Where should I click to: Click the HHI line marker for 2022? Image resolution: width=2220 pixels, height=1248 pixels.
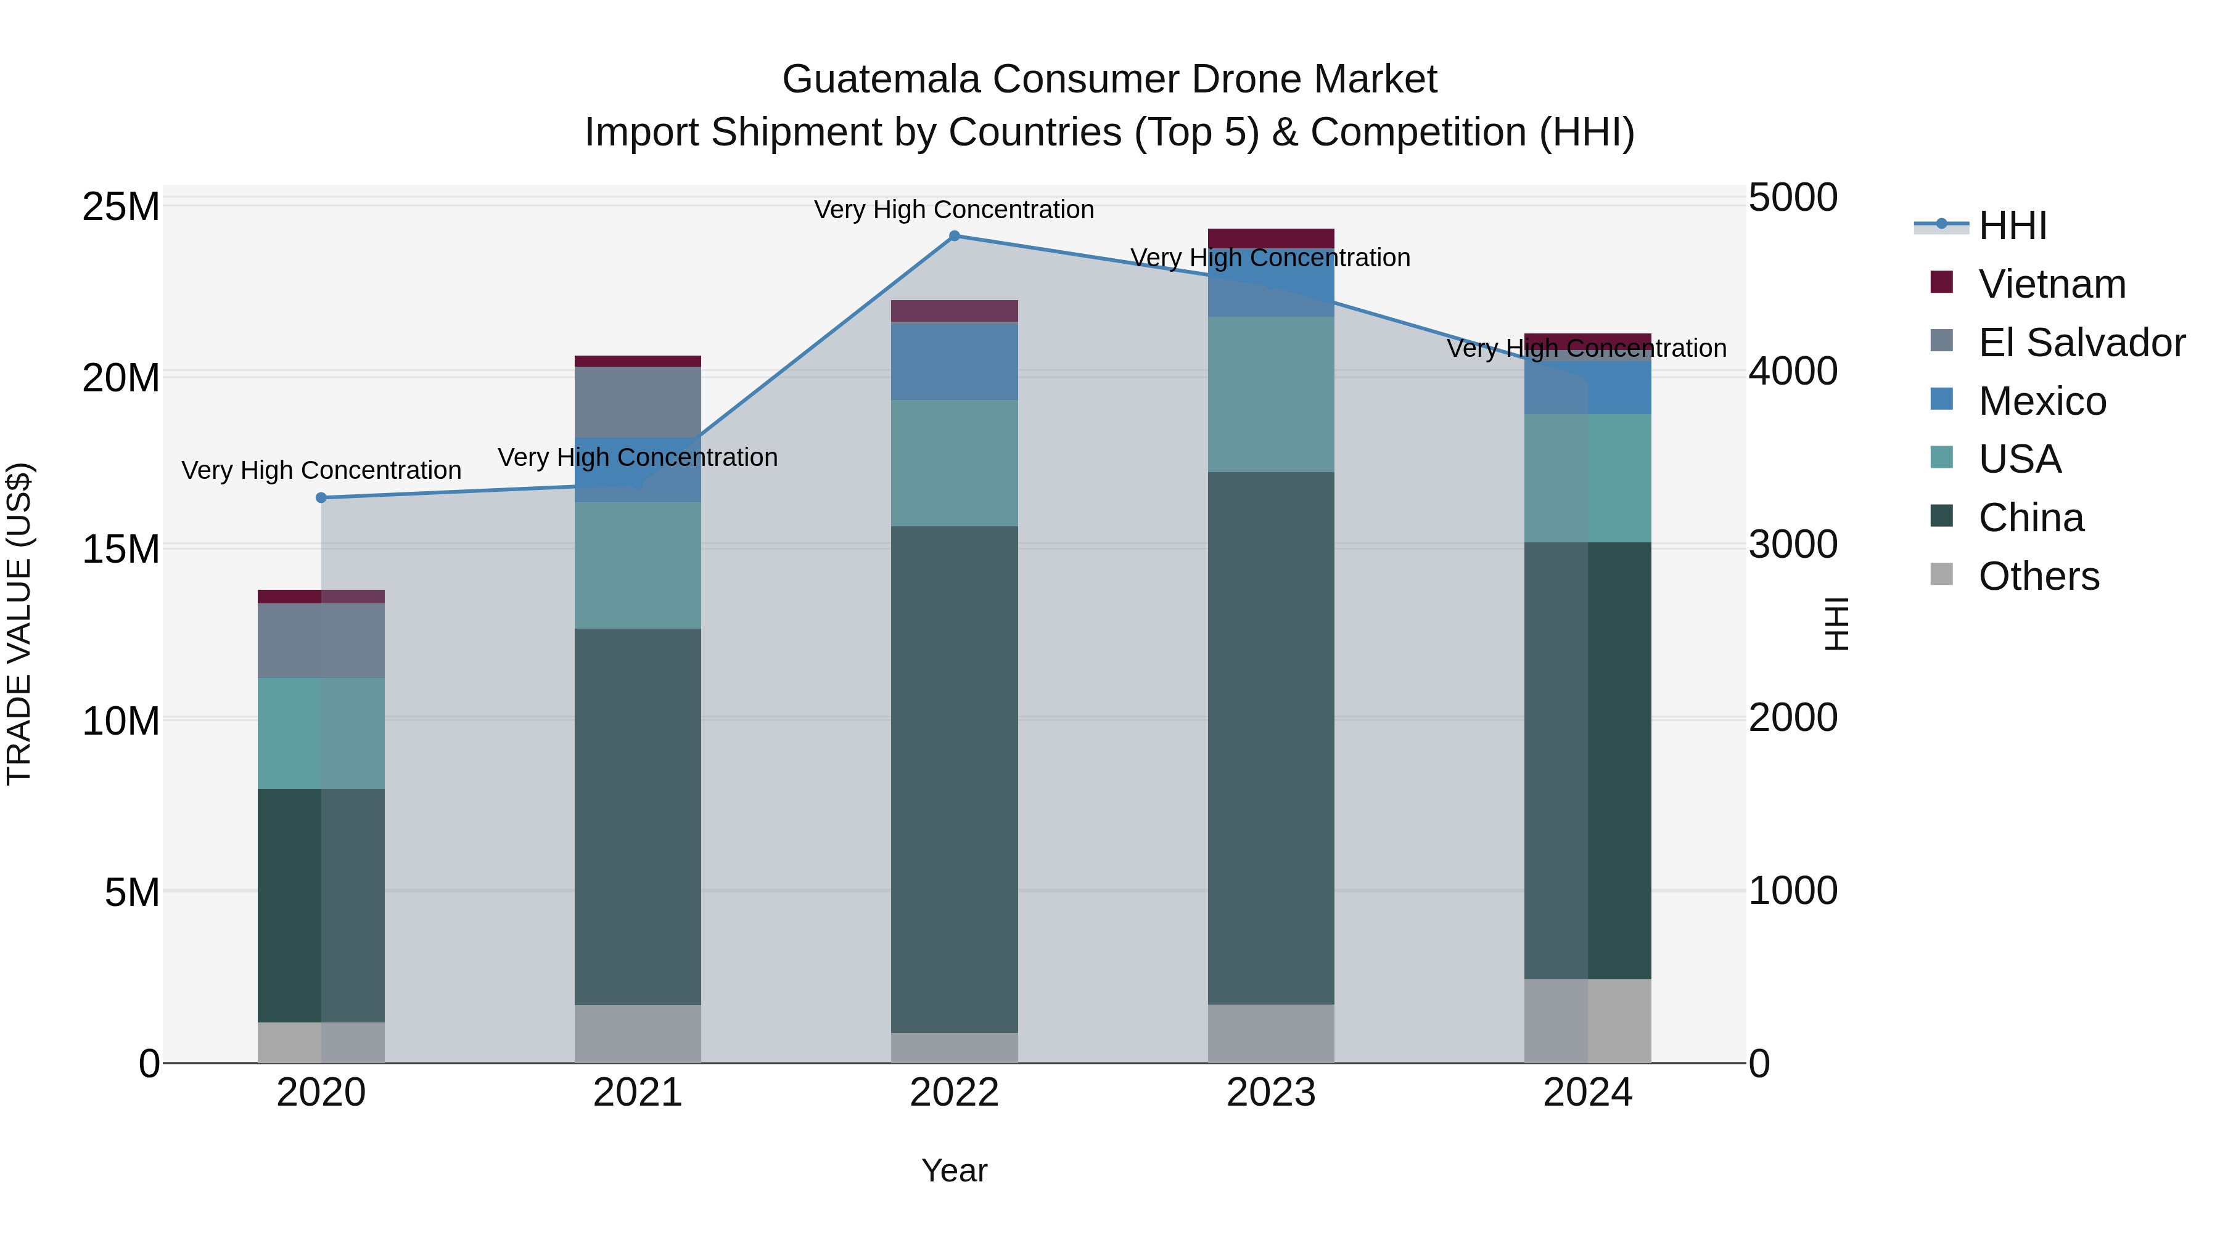(x=954, y=236)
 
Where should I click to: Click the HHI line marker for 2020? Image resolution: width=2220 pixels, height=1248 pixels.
(x=321, y=498)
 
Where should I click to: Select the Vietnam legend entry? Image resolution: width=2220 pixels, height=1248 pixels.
(x=2051, y=284)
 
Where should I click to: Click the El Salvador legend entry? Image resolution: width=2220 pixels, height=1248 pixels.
(x=2081, y=343)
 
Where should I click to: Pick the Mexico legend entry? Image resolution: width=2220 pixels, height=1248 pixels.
(x=2042, y=401)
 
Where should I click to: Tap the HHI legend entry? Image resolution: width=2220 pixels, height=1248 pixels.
(x=2012, y=226)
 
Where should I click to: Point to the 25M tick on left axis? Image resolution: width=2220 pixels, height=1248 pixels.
(x=121, y=208)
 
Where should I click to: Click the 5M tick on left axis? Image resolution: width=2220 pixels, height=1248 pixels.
(x=132, y=893)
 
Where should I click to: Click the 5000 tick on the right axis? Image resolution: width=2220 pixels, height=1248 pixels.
(x=1793, y=198)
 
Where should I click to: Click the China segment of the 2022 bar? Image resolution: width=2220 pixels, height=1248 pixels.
(x=954, y=780)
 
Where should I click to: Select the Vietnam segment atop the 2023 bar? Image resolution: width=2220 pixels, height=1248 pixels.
(x=1270, y=239)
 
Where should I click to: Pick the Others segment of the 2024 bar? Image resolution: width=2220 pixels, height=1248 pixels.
(x=1587, y=1021)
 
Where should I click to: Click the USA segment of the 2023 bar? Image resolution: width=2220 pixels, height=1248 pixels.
(x=1270, y=394)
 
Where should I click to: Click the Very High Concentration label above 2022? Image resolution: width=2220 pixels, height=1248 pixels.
(x=954, y=210)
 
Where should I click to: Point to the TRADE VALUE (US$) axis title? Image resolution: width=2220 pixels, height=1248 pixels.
(x=19, y=624)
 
